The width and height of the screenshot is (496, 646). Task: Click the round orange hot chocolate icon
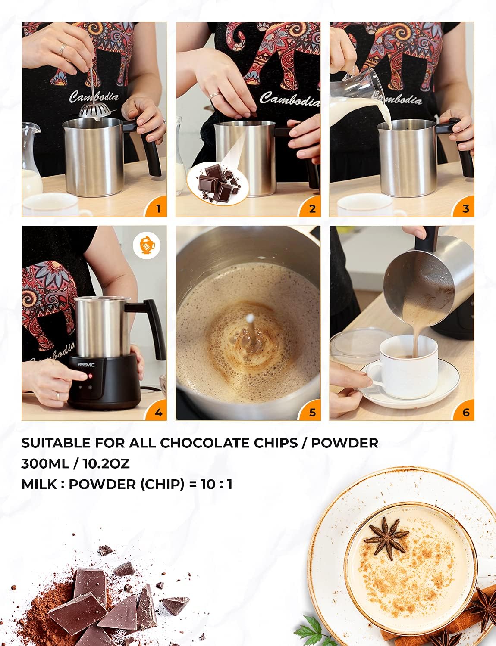tap(147, 245)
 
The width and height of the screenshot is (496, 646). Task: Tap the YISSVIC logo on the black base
tap(86, 365)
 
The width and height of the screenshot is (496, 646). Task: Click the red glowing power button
tap(91, 376)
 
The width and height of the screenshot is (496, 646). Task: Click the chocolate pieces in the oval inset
tap(219, 183)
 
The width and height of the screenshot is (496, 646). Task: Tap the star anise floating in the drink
tap(387, 538)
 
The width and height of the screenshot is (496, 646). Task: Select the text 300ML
tap(45, 464)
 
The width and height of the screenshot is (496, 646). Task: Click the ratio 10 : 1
tap(217, 484)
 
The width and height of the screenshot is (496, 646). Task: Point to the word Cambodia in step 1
tap(94, 97)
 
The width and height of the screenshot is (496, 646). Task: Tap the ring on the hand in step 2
tap(214, 96)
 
